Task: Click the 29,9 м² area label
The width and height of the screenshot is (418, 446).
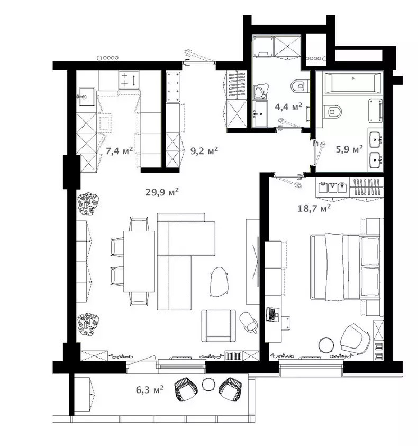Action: click(162, 192)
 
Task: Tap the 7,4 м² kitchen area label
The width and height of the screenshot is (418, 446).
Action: click(120, 150)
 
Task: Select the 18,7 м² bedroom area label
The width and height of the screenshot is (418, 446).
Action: click(314, 208)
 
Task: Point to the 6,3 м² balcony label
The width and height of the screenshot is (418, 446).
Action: click(150, 389)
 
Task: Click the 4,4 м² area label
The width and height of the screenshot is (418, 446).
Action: click(288, 106)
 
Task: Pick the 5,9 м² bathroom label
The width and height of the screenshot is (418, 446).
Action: click(349, 149)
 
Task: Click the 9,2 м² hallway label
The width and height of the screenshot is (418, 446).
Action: click(204, 150)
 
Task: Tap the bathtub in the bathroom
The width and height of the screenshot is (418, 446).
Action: click(352, 83)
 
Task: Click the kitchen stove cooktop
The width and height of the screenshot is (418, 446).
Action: click(129, 79)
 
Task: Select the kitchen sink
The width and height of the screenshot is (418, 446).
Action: click(87, 97)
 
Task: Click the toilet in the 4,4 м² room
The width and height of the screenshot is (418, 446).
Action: click(300, 86)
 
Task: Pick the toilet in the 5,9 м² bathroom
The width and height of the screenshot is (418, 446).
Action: click(332, 111)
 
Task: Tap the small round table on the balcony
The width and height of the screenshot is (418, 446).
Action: click(209, 384)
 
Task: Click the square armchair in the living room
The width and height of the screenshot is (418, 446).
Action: click(219, 325)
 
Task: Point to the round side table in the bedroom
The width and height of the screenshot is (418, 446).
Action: click(325, 345)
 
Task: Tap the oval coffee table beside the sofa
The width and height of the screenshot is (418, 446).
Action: click(219, 282)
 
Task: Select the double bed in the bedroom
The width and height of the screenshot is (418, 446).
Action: click(346, 267)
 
